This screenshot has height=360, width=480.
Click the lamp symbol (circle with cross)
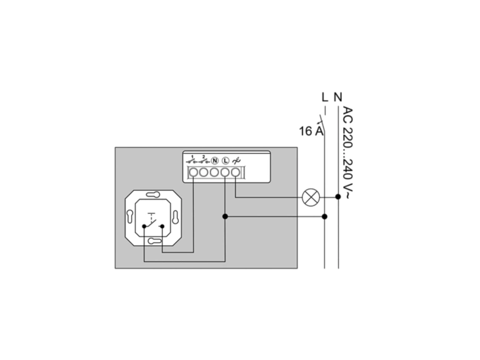coord(311,197)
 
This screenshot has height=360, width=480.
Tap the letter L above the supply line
coord(325,97)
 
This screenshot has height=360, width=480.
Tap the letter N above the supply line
coord(338,97)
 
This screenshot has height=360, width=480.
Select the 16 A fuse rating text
coord(311,131)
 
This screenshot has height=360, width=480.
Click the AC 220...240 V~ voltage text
coord(347,152)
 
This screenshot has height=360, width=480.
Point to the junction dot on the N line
coord(338,196)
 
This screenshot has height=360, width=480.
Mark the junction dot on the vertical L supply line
coord(325,217)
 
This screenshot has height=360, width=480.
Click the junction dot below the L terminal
coord(225,217)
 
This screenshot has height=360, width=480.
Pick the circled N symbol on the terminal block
coord(215,161)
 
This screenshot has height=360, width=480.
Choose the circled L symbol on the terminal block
coord(226,161)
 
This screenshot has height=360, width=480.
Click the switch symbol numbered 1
coord(192,160)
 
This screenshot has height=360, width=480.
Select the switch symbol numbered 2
coord(203,160)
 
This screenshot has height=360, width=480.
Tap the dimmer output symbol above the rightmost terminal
coord(236,161)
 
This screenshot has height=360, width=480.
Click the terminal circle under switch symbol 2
coord(204,172)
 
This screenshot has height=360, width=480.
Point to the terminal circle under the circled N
coord(214,172)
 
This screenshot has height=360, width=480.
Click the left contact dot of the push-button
coord(144,226)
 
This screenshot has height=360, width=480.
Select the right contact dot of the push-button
coord(162,226)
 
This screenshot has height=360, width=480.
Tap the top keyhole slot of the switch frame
coord(153,194)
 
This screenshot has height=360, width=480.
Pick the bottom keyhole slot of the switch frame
coord(154,241)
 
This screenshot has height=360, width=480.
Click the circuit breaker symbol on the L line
coord(322,124)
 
